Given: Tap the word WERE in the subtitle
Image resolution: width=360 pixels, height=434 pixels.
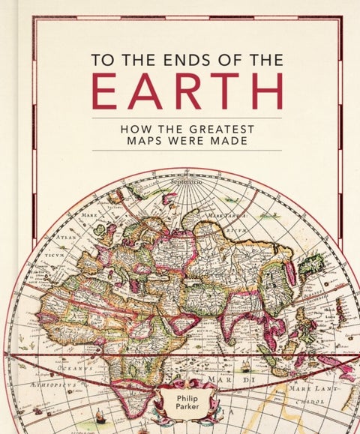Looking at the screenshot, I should [184, 141].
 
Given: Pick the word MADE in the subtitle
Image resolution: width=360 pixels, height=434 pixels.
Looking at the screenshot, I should [228, 141].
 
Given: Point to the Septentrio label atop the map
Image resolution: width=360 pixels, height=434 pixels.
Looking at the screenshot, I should [187, 182].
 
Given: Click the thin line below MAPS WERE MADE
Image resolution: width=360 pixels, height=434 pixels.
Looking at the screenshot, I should [187, 151].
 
